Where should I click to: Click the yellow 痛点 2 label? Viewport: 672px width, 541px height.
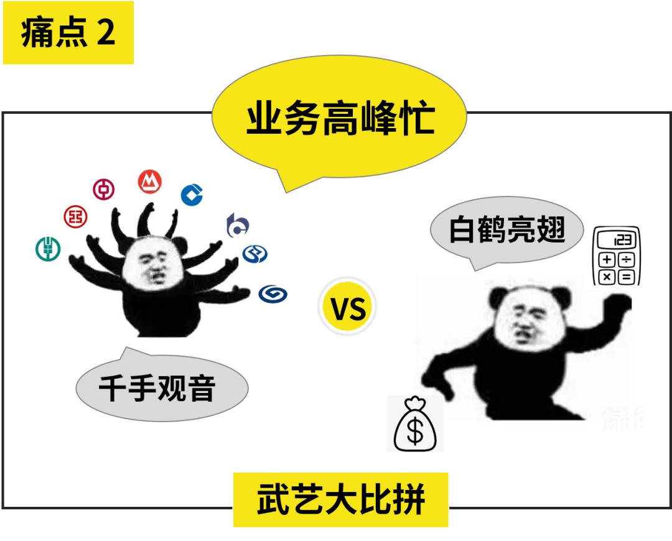pos(68,33)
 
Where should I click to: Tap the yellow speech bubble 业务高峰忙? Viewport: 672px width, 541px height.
pos(339,119)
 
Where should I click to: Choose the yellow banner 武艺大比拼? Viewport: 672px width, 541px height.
pos(340,500)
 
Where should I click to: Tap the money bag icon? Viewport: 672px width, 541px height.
pos(415,424)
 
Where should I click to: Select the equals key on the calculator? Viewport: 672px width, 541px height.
pos(625,276)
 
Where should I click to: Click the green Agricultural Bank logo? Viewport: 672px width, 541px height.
pos(47,249)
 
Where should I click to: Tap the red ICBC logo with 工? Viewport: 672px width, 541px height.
pos(76,216)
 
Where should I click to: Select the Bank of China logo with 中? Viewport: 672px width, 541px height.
pos(104,189)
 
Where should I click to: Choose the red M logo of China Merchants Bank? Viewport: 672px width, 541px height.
pos(150,181)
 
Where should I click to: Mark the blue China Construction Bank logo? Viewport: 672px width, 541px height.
pos(193,195)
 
